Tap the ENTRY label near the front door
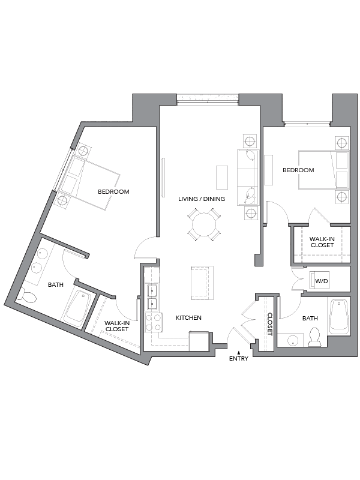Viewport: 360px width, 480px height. point(238,358)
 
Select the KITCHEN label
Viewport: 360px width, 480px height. point(188,317)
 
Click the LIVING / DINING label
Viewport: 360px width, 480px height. point(202,199)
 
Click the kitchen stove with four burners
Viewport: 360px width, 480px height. point(154,323)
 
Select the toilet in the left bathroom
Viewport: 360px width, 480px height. point(23,295)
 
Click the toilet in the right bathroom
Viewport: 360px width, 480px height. point(314,338)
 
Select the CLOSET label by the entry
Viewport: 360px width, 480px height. point(269,324)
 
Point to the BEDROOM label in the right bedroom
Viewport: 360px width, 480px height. point(298,170)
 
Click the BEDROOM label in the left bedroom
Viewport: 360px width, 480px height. point(114,192)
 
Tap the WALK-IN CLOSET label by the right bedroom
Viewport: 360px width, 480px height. point(322,242)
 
